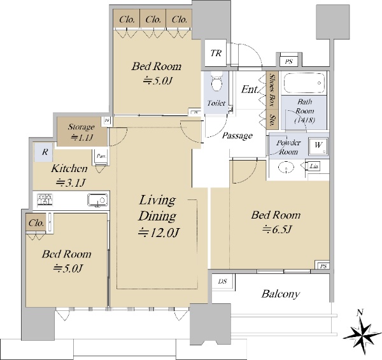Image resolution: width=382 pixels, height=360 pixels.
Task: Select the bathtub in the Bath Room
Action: [x=304, y=84]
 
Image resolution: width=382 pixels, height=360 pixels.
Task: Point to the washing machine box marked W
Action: [x=318, y=145]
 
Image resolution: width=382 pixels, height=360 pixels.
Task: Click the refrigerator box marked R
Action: [x=44, y=152]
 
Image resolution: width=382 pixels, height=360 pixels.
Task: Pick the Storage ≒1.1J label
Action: [x=82, y=132]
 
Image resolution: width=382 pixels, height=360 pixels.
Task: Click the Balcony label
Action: [x=280, y=294]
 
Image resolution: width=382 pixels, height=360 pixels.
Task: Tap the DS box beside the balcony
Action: [x=222, y=281]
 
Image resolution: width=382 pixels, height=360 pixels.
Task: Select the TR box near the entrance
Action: [x=215, y=52]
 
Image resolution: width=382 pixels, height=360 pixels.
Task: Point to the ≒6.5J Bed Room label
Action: [x=274, y=221]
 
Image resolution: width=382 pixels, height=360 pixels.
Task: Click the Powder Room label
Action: [x=288, y=147]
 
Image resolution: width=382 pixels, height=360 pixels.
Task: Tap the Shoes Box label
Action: [x=271, y=89]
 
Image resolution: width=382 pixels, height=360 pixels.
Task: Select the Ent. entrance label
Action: [x=249, y=90]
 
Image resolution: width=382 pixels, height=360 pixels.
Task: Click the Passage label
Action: [x=237, y=136]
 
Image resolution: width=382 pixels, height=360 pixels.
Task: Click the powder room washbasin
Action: [x=286, y=168]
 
